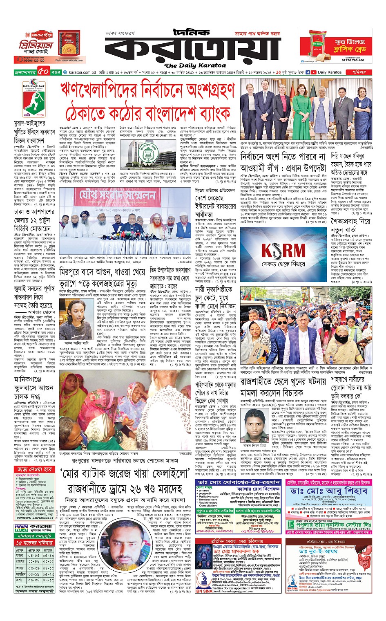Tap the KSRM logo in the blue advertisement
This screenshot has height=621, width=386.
(289, 250)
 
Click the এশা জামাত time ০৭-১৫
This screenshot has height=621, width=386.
(48, 579)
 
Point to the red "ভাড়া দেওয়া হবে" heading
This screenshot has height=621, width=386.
(35, 469)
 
